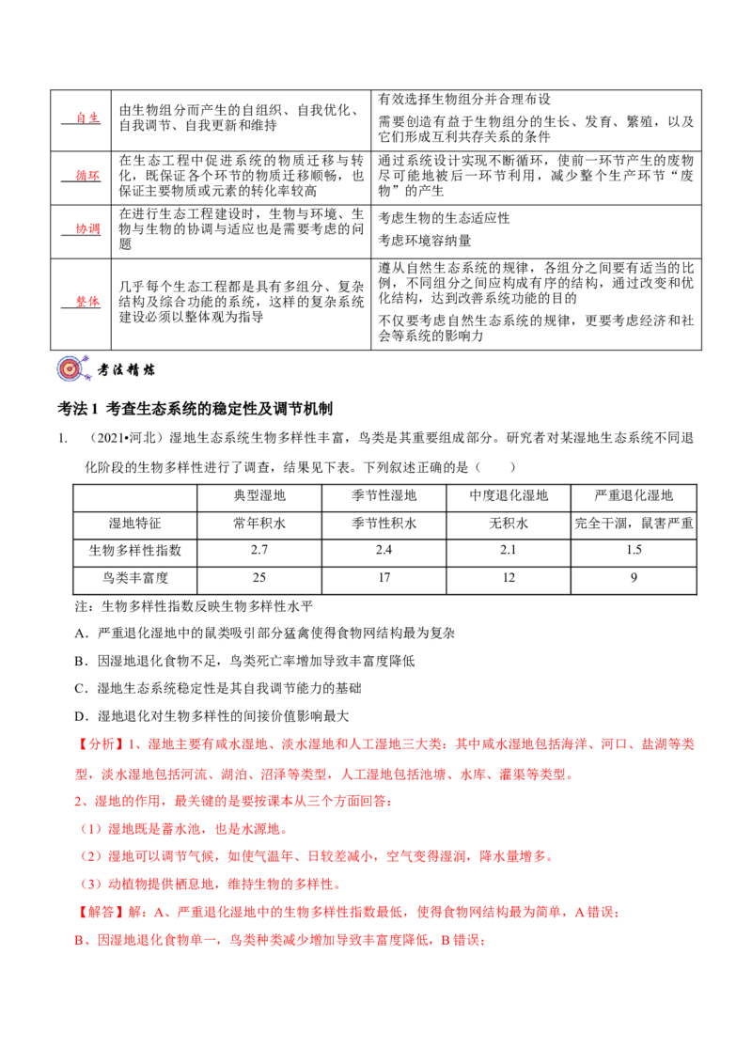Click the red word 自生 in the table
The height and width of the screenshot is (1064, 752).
pyautogui.click(x=87, y=118)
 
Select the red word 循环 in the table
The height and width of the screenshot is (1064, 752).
pyautogui.click(x=87, y=176)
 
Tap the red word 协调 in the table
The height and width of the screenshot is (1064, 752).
pyautogui.click(x=87, y=229)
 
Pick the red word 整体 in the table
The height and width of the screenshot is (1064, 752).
pyautogui.click(x=87, y=302)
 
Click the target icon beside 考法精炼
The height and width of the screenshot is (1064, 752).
pyautogui.click(x=72, y=368)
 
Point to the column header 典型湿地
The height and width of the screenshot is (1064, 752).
pyautogui.click(x=259, y=495)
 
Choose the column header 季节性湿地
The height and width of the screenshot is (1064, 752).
pyautogui.click(x=384, y=495)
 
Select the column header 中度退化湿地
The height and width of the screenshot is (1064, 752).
pyautogui.click(x=509, y=495)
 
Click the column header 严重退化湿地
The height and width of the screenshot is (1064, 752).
pyautogui.click(x=634, y=495)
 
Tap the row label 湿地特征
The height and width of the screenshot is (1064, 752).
pyautogui.click(x=135, y=524)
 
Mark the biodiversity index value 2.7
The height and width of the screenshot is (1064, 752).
pyautogui.click(x=259, y=550)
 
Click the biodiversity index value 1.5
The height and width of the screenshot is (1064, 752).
pyautogui.click(x=634, y=550)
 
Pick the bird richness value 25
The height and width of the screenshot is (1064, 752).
pyautogui.click(x=259, y=577)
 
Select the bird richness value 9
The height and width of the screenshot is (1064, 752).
pyautogui.click(x=634, y=577)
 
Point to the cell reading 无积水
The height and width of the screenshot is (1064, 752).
pyautogui.click(x=509, y=524)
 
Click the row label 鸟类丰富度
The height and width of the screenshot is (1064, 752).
pyautogui.click(x=135, y=578)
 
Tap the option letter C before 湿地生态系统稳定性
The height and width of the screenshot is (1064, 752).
pyautogui.click(x=81, y=689)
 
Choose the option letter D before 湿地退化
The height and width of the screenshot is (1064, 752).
pyautogui.click(x=81, y=716)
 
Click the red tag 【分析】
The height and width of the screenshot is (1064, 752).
pyautogui.click(x=96, y=744)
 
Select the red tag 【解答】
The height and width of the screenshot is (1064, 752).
pyautogui.click(x=96, y=912)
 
